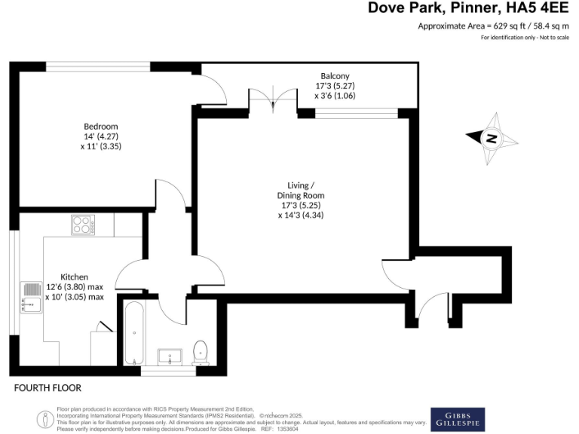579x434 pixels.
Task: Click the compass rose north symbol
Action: [492, 138]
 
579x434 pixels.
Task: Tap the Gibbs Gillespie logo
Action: [458, 419]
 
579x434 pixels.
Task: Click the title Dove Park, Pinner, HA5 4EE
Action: [469, 8]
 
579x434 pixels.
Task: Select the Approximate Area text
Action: [494, 26]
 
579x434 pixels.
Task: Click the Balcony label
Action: [335, 76]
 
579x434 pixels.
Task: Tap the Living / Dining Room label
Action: [301, 190]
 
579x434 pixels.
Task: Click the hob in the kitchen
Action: [82, 224]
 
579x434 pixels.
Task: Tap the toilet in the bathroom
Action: [201, 352]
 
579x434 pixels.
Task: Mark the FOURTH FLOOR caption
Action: [47, 388]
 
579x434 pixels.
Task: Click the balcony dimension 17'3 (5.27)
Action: [335, 86]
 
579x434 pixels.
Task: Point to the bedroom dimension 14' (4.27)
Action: [100, 136]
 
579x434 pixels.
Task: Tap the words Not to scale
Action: [553, 37]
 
